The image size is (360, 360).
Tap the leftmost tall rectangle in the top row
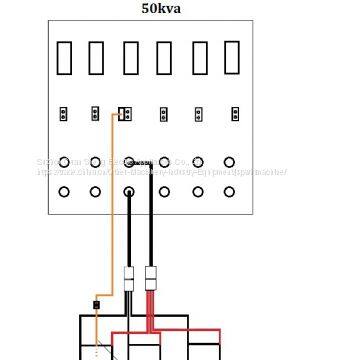click(x=65, y=59)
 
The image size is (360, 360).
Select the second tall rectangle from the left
click(x=97, y=59)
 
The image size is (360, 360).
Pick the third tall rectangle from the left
click(x=130, y=59)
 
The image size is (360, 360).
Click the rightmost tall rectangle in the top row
click(x=232, y=59)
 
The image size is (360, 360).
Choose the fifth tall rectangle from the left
click(x=198, y=59)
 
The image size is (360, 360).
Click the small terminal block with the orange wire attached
click(x=124, y=113)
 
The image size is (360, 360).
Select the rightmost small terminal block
click(x=235, y=113)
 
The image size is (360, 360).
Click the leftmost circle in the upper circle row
click(x=64, y=161)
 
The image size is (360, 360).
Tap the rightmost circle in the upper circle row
click(x=230, y=161)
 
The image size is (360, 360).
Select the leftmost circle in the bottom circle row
click(x=64, y=192)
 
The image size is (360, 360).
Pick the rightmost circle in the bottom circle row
click(x=230, y=192)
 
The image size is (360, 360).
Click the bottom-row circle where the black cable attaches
click(x=130, y=192)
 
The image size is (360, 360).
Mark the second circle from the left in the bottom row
click(x=96, y=192)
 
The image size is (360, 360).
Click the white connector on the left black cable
click(x=130, y=279)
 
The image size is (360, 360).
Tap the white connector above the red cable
click(x=152, y=275)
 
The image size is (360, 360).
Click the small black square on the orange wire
click(x=96, y=304)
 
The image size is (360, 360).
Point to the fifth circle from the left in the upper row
click(x=197, y=161)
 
